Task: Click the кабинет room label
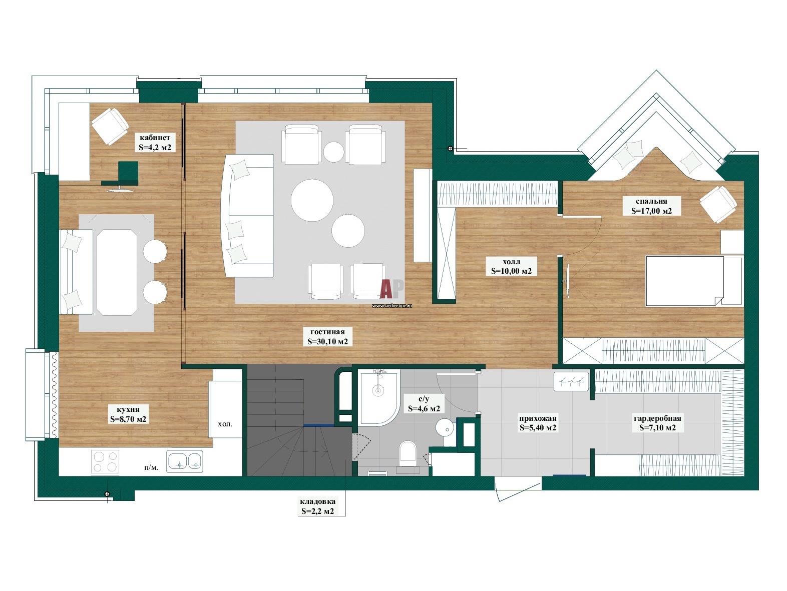point(155,142)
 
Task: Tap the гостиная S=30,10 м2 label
point(327,337)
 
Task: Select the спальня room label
point(651,206)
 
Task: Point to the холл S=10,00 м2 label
point(511,266)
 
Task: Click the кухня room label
point(128,414)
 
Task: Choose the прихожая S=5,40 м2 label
point(538,423)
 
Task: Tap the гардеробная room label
point(657,423)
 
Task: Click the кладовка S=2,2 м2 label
point(317,506)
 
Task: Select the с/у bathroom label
point(424,403)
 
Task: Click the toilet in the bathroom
point(408,454)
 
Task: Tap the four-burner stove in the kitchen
point(106,461)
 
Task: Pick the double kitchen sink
point(184,462)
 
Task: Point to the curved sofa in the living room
point(247,215)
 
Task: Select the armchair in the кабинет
point(110,126)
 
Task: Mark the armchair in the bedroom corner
point(718,205)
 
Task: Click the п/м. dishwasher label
point(151,467)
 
